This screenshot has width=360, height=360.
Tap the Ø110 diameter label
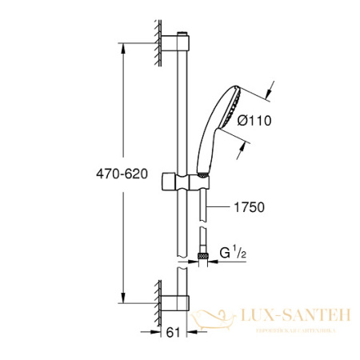[256, 122]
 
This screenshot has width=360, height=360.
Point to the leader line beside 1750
[225, 207]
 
